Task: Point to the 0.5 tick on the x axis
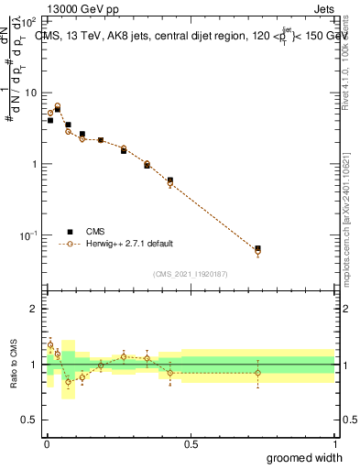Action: point(190,444)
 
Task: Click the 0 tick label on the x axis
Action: point(46,444)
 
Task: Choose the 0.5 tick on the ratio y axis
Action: point(34,420)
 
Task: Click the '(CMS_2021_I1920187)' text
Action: point(190,273)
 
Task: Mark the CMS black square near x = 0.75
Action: point(257,248)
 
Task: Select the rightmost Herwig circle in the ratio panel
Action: point(257,373)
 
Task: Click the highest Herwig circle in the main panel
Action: point(57,106)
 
